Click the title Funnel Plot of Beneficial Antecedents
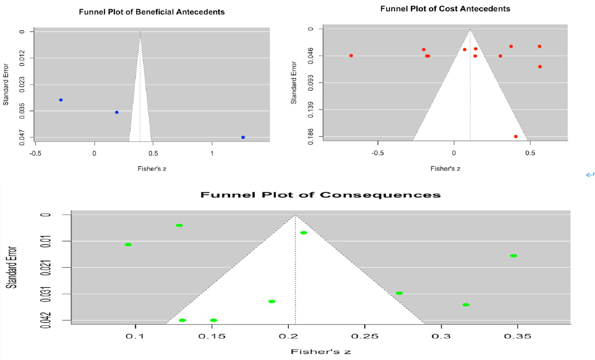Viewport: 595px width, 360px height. click(x=152, y=12)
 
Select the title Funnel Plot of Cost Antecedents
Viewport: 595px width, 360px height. click(x=445, y=9)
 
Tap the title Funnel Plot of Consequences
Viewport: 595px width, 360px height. click(x=320, y=195)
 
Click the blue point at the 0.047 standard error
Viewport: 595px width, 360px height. click(x=243, y=138)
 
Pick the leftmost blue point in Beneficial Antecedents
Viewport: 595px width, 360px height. click(x=61, y=100)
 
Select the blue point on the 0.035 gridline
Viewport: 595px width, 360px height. click(x=117, y=112)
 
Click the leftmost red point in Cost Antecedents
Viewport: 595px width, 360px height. click(x=351, y=56)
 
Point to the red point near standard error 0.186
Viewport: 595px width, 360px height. click(x=516, y=136)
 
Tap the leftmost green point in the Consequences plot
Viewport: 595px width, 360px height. click(x=128, y=245)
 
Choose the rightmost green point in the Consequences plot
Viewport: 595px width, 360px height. click(x=514, y=256)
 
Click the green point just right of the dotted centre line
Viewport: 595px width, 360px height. click(x=304, y=233)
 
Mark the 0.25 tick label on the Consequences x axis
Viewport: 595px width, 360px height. click(x=365, y=336)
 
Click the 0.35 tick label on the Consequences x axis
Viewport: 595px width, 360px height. click(x=517, y=336)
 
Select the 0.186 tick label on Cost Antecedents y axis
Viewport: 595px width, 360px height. click(x=312, y=137)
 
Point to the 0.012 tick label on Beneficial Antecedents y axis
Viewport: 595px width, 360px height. click(x=22, y=58)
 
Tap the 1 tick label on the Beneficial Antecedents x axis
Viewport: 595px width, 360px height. click(x=212, y=153)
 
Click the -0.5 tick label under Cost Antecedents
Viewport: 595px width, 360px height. click(x=378, y=153)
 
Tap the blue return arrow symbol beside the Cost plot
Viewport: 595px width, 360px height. click(x=590, y=175)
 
